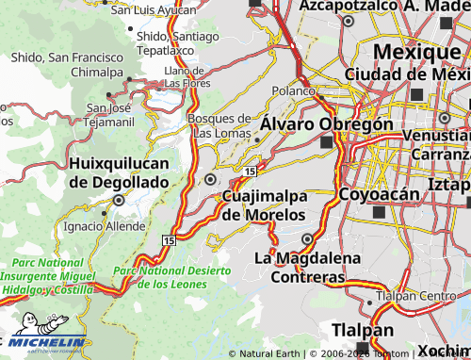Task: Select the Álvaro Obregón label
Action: point(326,123)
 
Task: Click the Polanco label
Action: point(293,91)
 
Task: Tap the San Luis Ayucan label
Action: point(153,9)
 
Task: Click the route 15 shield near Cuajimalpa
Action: point(248,171)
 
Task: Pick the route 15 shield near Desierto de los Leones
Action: point(168,242)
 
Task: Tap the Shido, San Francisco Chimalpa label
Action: point(66,64)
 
